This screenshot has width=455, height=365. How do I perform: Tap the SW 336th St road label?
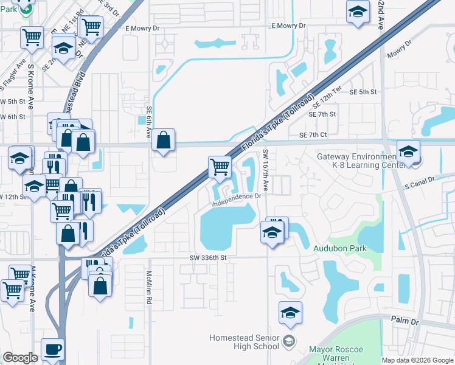coord(207,257)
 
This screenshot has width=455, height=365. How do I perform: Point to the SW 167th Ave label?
coord(266,167)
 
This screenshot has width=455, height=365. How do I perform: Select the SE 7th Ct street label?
coord(313,134)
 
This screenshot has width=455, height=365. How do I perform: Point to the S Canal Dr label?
coord(420,181)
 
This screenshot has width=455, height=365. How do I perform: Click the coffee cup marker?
coord(52,350)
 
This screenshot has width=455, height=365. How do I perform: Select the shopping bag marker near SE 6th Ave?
coord(164,140)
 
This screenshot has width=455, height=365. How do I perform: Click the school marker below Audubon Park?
coord(290,313)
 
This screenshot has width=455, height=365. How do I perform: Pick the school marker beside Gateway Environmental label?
coord(408,151)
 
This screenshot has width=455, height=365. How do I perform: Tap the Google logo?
coord(20,358)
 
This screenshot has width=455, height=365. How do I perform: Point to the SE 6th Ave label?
coord(148,122)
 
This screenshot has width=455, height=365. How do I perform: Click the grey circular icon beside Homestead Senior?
coord(288,339)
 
